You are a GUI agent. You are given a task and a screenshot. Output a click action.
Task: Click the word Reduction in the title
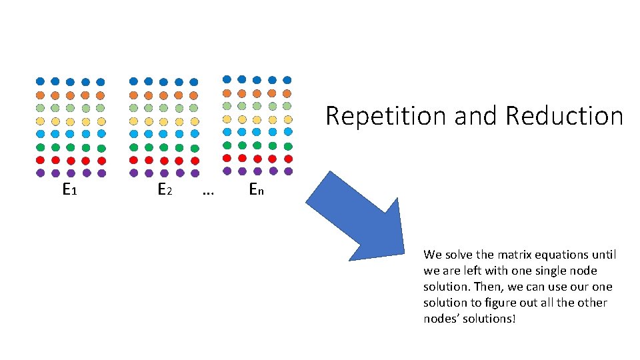click(x=564, y=116)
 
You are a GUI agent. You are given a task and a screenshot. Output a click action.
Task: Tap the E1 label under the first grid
click(x=69, y=190)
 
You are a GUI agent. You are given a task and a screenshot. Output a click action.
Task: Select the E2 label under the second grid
click(x=165, y=190)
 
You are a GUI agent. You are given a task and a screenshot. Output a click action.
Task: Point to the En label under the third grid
click(x=256, y=190)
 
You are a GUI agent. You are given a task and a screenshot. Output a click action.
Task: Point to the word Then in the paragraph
click(x=477, y=287)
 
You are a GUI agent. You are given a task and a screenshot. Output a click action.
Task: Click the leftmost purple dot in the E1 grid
click(x=40, y=173)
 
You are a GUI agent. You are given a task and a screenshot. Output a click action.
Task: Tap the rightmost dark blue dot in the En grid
click(x=287, y=79)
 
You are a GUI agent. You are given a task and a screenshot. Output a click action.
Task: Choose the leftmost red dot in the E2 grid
click(x=133, y=160)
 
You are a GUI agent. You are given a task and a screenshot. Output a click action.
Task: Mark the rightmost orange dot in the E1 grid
click(x=100, y=95)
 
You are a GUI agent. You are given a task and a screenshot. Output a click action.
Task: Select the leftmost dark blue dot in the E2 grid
click(x=133, y=81)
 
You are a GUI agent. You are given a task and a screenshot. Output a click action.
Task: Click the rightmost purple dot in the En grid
click(x=288, y=171)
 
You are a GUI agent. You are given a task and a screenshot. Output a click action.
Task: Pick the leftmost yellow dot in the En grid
click(x=227, y=119)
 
